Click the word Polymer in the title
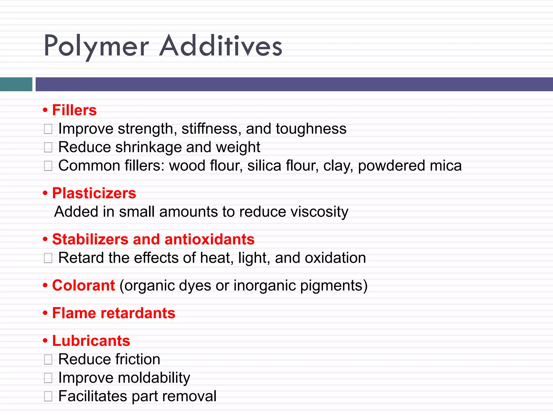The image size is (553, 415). [96, 46]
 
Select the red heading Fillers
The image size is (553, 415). [74, 110]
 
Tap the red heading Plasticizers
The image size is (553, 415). [94, 193]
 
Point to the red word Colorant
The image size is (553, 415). [84, 285]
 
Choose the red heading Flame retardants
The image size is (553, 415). [114, 313]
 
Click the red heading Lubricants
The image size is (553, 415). [91, 341]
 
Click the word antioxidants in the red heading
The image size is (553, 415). [210, 239]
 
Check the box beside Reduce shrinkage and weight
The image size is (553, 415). [48, 148]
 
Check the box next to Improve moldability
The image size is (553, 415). [48, 378]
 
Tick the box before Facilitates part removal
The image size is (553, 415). [48, 396]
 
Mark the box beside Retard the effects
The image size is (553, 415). [48, 258]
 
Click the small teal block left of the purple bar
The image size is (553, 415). [16, 84]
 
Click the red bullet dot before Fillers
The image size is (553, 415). [45, 111]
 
